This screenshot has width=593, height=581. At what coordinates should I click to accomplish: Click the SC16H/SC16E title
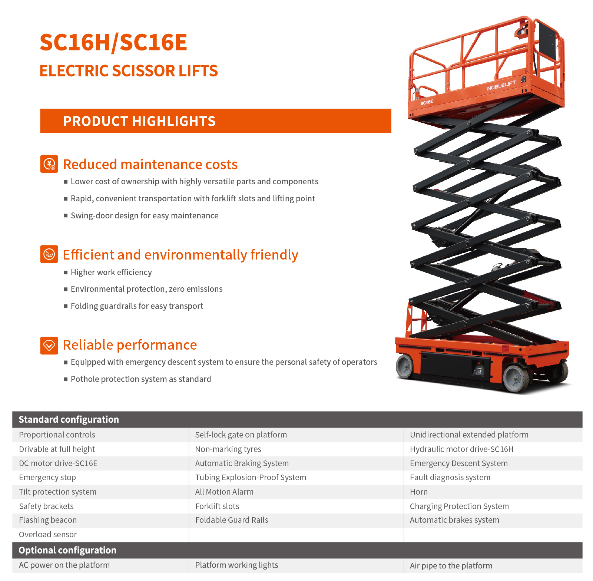click(x=113, y=42)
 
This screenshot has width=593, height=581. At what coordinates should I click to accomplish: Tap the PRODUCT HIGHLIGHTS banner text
click(x=139, y=121)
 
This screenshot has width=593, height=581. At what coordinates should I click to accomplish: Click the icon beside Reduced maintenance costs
click(x=49, y=164)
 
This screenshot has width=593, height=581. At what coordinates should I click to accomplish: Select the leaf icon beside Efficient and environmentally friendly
click(x=49, y=254)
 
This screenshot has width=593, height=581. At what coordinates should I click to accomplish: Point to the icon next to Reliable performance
click(x=49, y=346)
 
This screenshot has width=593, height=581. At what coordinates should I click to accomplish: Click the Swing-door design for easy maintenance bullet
click(x=145, y=216)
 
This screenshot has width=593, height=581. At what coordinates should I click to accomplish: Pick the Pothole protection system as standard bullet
click(x=141, y=379)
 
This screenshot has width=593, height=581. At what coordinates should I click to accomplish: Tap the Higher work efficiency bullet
click(x=111, y=273)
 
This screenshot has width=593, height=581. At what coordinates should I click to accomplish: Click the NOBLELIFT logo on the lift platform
click(x=501, y=86)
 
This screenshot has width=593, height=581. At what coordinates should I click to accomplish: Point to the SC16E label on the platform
click(x=427, y=102)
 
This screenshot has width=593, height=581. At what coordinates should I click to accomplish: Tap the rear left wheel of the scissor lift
click(x=405, y=366)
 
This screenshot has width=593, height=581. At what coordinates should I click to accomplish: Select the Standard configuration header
click(x=69, y=419)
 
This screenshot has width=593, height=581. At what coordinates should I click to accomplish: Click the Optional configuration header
click(x=67, y=550)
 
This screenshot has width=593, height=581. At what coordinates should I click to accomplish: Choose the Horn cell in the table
click(x=419, y=492)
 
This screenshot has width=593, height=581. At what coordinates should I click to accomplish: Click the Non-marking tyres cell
click(x=228, y=449)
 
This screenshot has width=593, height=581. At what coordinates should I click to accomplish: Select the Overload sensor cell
click(x=48, y=535)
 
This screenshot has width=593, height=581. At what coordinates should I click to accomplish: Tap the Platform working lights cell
click(x=236, y=565)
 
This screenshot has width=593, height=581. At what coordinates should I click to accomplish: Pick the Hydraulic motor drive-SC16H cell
click(x=462, y=449)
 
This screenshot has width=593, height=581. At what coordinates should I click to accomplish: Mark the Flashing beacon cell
click(x=48, y=520)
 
